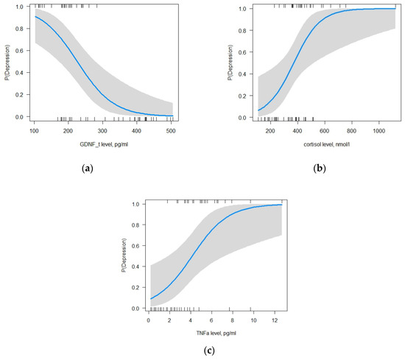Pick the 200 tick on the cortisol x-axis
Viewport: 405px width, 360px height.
click(270, 131)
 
